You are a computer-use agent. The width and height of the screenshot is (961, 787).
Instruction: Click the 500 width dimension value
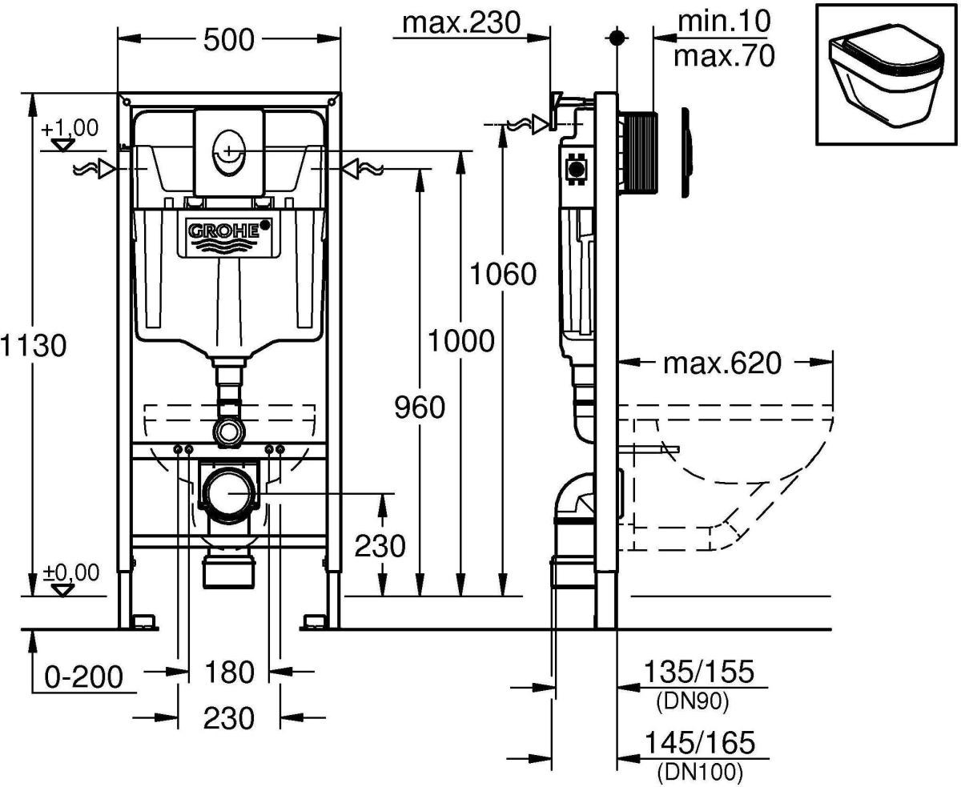pyautogui.click(x=228, y=40)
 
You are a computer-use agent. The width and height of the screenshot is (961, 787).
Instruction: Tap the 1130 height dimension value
pyautogui.click(x=34, y=345)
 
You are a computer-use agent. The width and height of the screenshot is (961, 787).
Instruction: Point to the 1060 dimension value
pyautogui.click(x=503, y=274)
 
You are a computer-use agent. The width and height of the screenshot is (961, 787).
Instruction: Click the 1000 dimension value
pyautogui.click(x=461, y=341)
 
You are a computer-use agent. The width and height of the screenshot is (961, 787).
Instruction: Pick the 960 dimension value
pyautogui.click(x=419, y=408)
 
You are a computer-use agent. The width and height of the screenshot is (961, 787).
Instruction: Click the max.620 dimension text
pyautogui.click(x=722, y=363)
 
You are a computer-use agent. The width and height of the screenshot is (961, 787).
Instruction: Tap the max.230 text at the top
pyautogui.click(x=461, y=22)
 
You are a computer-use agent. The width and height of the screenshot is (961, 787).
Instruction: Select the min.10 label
pyautogui.click(x=724, y=21)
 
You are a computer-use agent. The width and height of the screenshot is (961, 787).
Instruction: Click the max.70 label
pyautogui.click(x=724, y=56)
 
